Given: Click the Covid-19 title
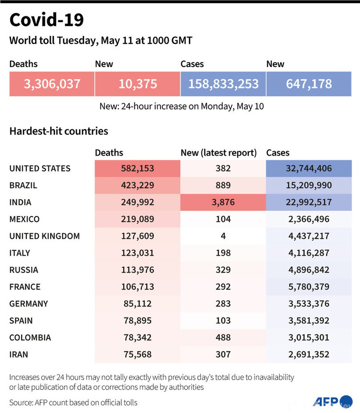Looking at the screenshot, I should [46, 20].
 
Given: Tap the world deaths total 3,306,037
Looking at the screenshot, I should [52, 83].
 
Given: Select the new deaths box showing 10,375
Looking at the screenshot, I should [137, 83].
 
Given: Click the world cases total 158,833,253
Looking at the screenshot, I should [223, 83].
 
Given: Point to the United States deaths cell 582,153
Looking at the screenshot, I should [137, 169].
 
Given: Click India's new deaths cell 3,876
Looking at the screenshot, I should [223, 203].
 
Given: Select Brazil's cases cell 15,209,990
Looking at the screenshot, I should [309, 186].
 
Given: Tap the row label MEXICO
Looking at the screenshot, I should [24, 219].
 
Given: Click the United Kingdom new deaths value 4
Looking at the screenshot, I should [223, 236].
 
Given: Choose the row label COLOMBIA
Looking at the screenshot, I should [30, 338].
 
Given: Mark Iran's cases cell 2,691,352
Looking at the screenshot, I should [309, 354].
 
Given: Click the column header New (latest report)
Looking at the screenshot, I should [219, 153].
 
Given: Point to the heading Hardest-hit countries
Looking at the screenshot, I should [59, 131].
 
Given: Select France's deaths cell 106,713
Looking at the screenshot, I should [137, 287].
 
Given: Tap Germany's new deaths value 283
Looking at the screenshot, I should [223, 304].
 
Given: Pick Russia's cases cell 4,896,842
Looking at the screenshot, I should [309, 270].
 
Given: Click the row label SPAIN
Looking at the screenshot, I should [21, 321].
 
